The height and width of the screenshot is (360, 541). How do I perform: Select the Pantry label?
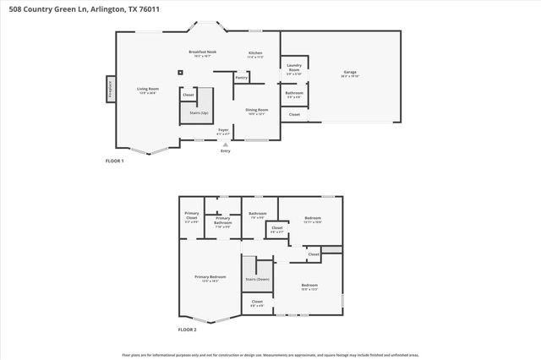pos(241,79)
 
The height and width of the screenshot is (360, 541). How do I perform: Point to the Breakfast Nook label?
pos(202,53)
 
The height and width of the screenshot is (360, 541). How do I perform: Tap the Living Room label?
pos(149,90)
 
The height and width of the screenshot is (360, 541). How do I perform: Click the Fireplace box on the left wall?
pos(109,89)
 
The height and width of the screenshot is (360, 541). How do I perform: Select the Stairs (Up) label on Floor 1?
pos(199,112)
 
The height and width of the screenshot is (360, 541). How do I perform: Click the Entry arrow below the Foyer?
pos(225,145)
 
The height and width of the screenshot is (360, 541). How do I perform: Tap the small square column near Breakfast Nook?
pos(180,72)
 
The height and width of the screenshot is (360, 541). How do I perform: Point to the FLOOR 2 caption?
pos(187,329)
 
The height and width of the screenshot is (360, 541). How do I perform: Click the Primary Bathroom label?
pos(222,223)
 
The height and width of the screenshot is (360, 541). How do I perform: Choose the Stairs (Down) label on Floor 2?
pos(257,278)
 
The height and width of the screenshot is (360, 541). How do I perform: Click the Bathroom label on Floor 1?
pos(294,94)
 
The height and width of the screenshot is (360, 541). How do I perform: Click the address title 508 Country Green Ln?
pos(63,8)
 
